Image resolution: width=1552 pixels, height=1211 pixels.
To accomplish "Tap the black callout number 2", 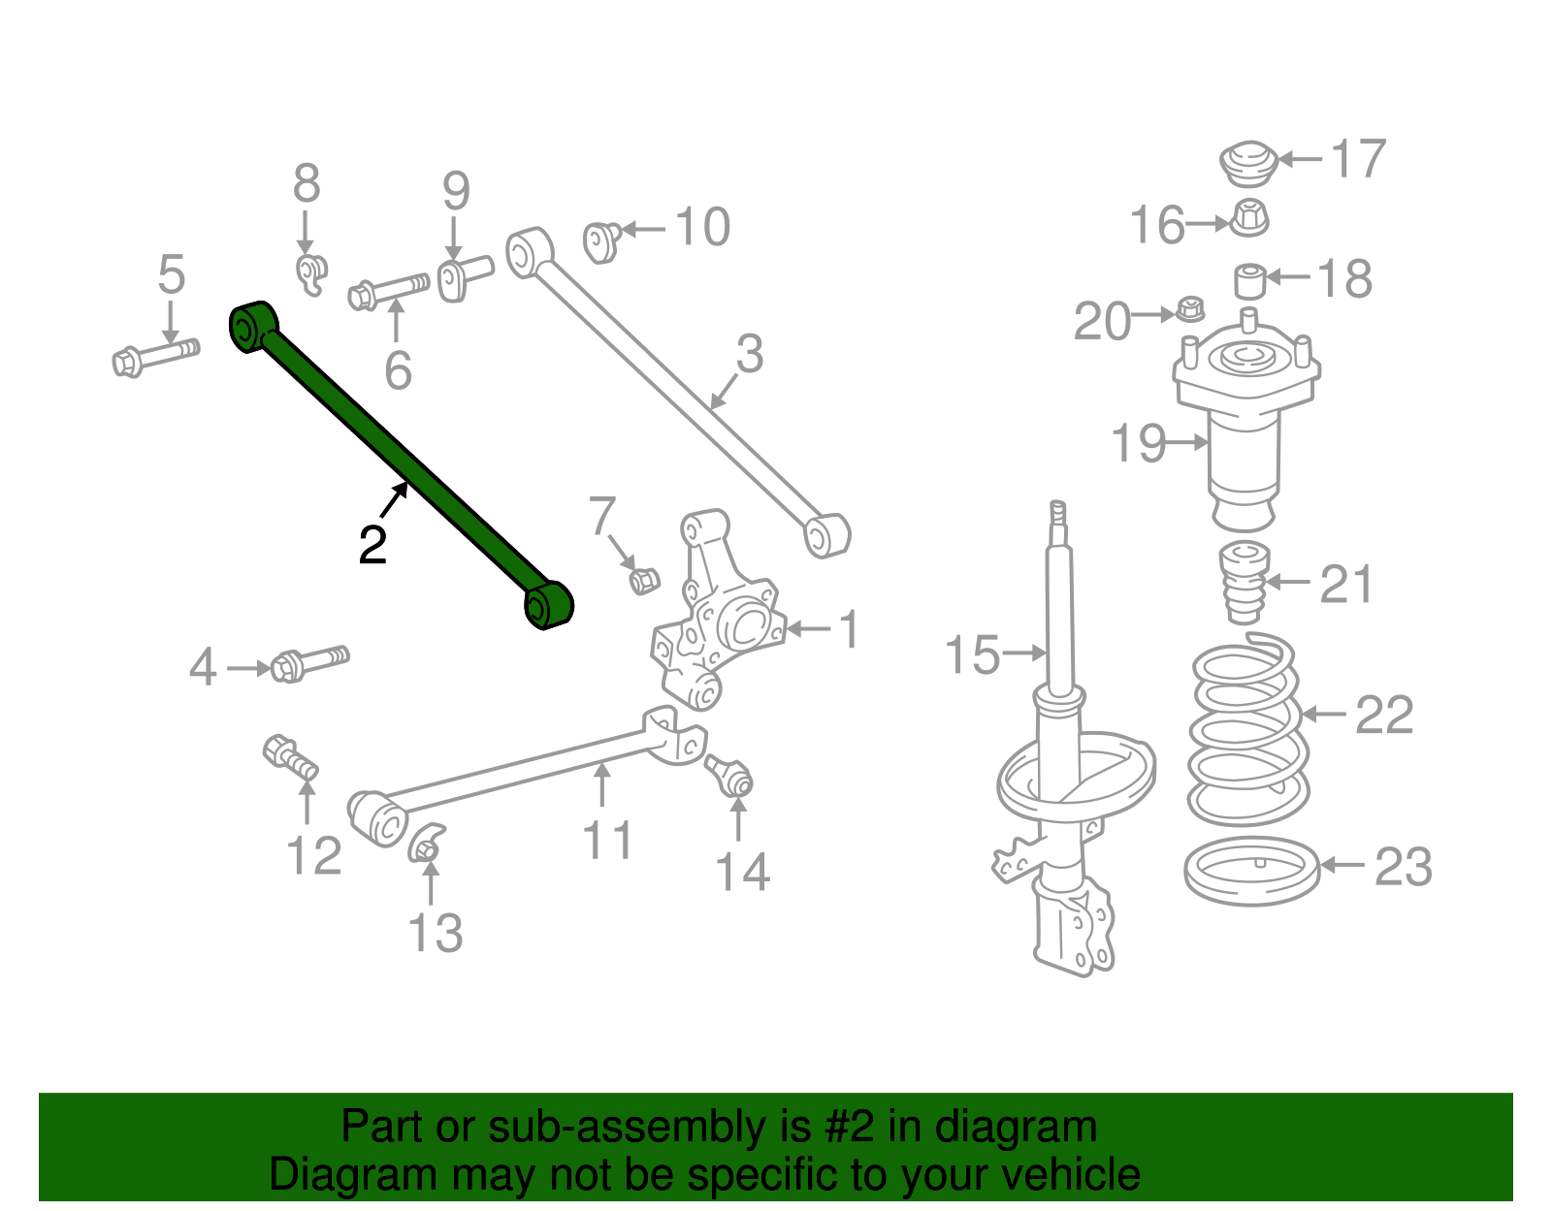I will coord(372,546).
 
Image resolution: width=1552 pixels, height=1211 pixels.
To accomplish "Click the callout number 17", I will coord(1358,160).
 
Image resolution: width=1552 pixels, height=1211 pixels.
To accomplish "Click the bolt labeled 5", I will coord(155,356).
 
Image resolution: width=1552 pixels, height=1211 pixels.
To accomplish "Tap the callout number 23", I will coord(1404,867).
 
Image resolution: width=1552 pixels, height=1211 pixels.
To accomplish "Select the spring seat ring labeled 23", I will coord(1252,871).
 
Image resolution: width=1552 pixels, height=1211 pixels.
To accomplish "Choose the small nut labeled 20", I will coord(1190,310).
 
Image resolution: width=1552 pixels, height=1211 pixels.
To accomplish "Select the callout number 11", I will coord(607,840).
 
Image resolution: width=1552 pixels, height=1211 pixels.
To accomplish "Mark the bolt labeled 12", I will coord(290,757).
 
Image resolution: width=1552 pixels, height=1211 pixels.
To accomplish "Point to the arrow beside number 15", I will coord(1023,653).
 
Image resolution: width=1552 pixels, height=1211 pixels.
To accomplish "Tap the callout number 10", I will coord(702,228).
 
